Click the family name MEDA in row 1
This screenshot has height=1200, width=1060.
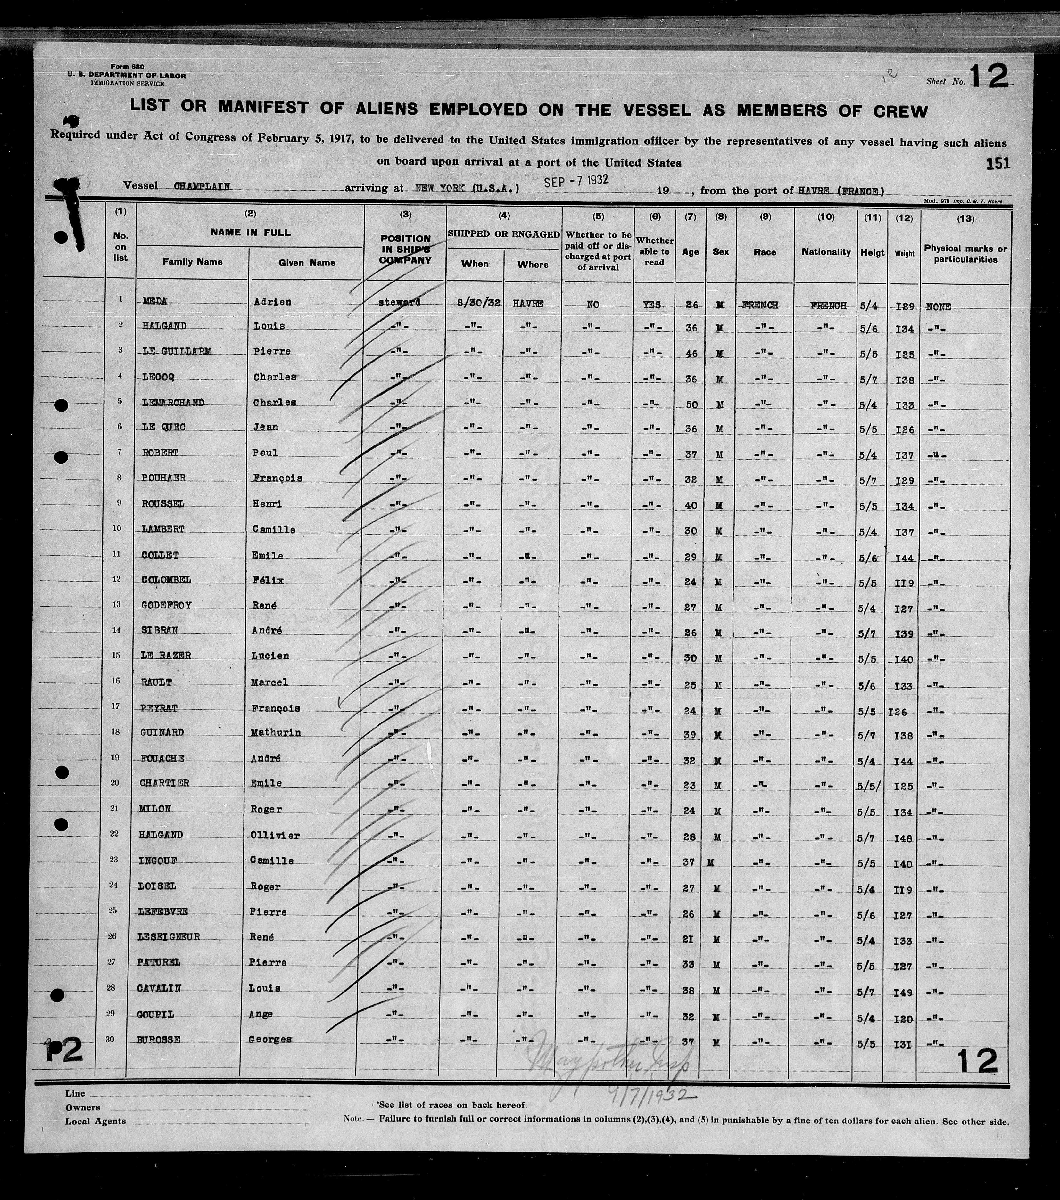pos(155,301)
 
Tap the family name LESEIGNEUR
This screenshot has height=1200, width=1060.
pos(170,936)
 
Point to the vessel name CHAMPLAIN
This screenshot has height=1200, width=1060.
pos(202,187)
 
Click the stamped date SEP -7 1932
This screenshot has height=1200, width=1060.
pos(576,181)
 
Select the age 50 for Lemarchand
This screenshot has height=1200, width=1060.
pos(691,404)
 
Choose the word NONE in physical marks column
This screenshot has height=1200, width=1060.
pos(938,306)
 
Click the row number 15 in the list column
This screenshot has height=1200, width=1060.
pos(120,655)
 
